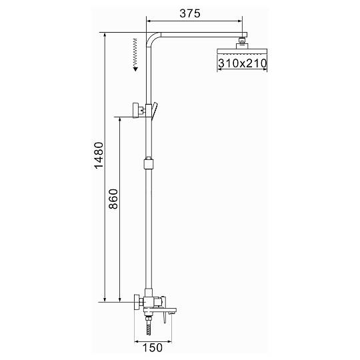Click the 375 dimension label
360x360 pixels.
click(190, 13)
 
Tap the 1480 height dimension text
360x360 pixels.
click(99, 155)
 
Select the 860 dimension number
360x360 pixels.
click(113, 199)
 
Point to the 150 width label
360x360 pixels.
click(153, 347)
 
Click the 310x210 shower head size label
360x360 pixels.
click(243, 63)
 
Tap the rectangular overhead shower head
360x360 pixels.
click(242, 51)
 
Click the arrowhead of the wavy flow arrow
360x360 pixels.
click(135, 69)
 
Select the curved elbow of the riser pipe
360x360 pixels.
click(151, 39)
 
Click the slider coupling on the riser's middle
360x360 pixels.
click(149, 163)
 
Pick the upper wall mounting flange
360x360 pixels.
click(136, 111)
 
